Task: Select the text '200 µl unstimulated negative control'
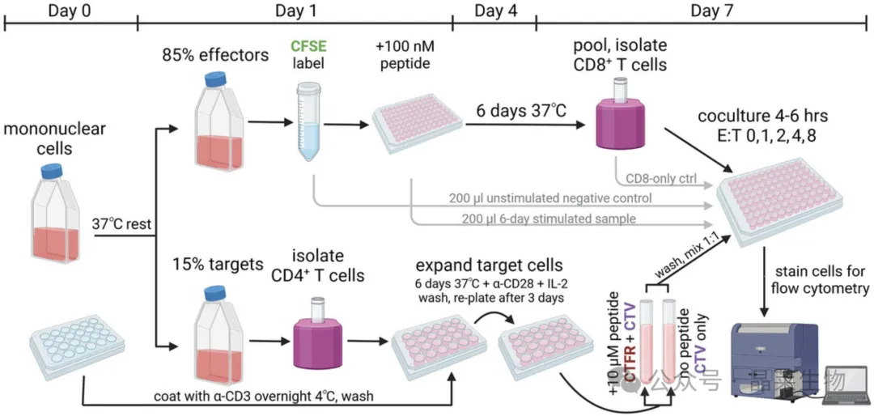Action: pos(551,198)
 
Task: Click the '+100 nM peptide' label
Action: pos(405,55)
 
